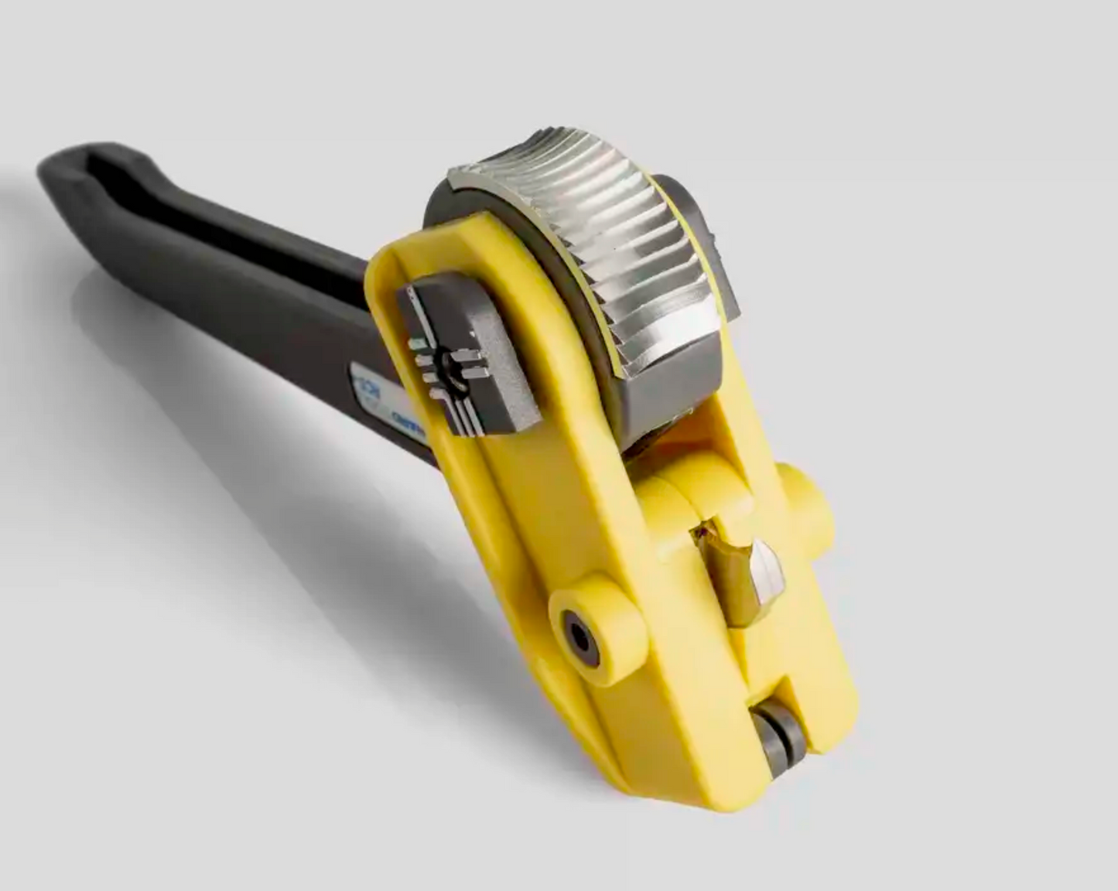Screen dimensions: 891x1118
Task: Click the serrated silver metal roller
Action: coord(603,247)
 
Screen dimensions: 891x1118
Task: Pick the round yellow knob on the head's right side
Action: coord(809,503)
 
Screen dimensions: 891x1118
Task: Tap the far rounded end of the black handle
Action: coord(62,166)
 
